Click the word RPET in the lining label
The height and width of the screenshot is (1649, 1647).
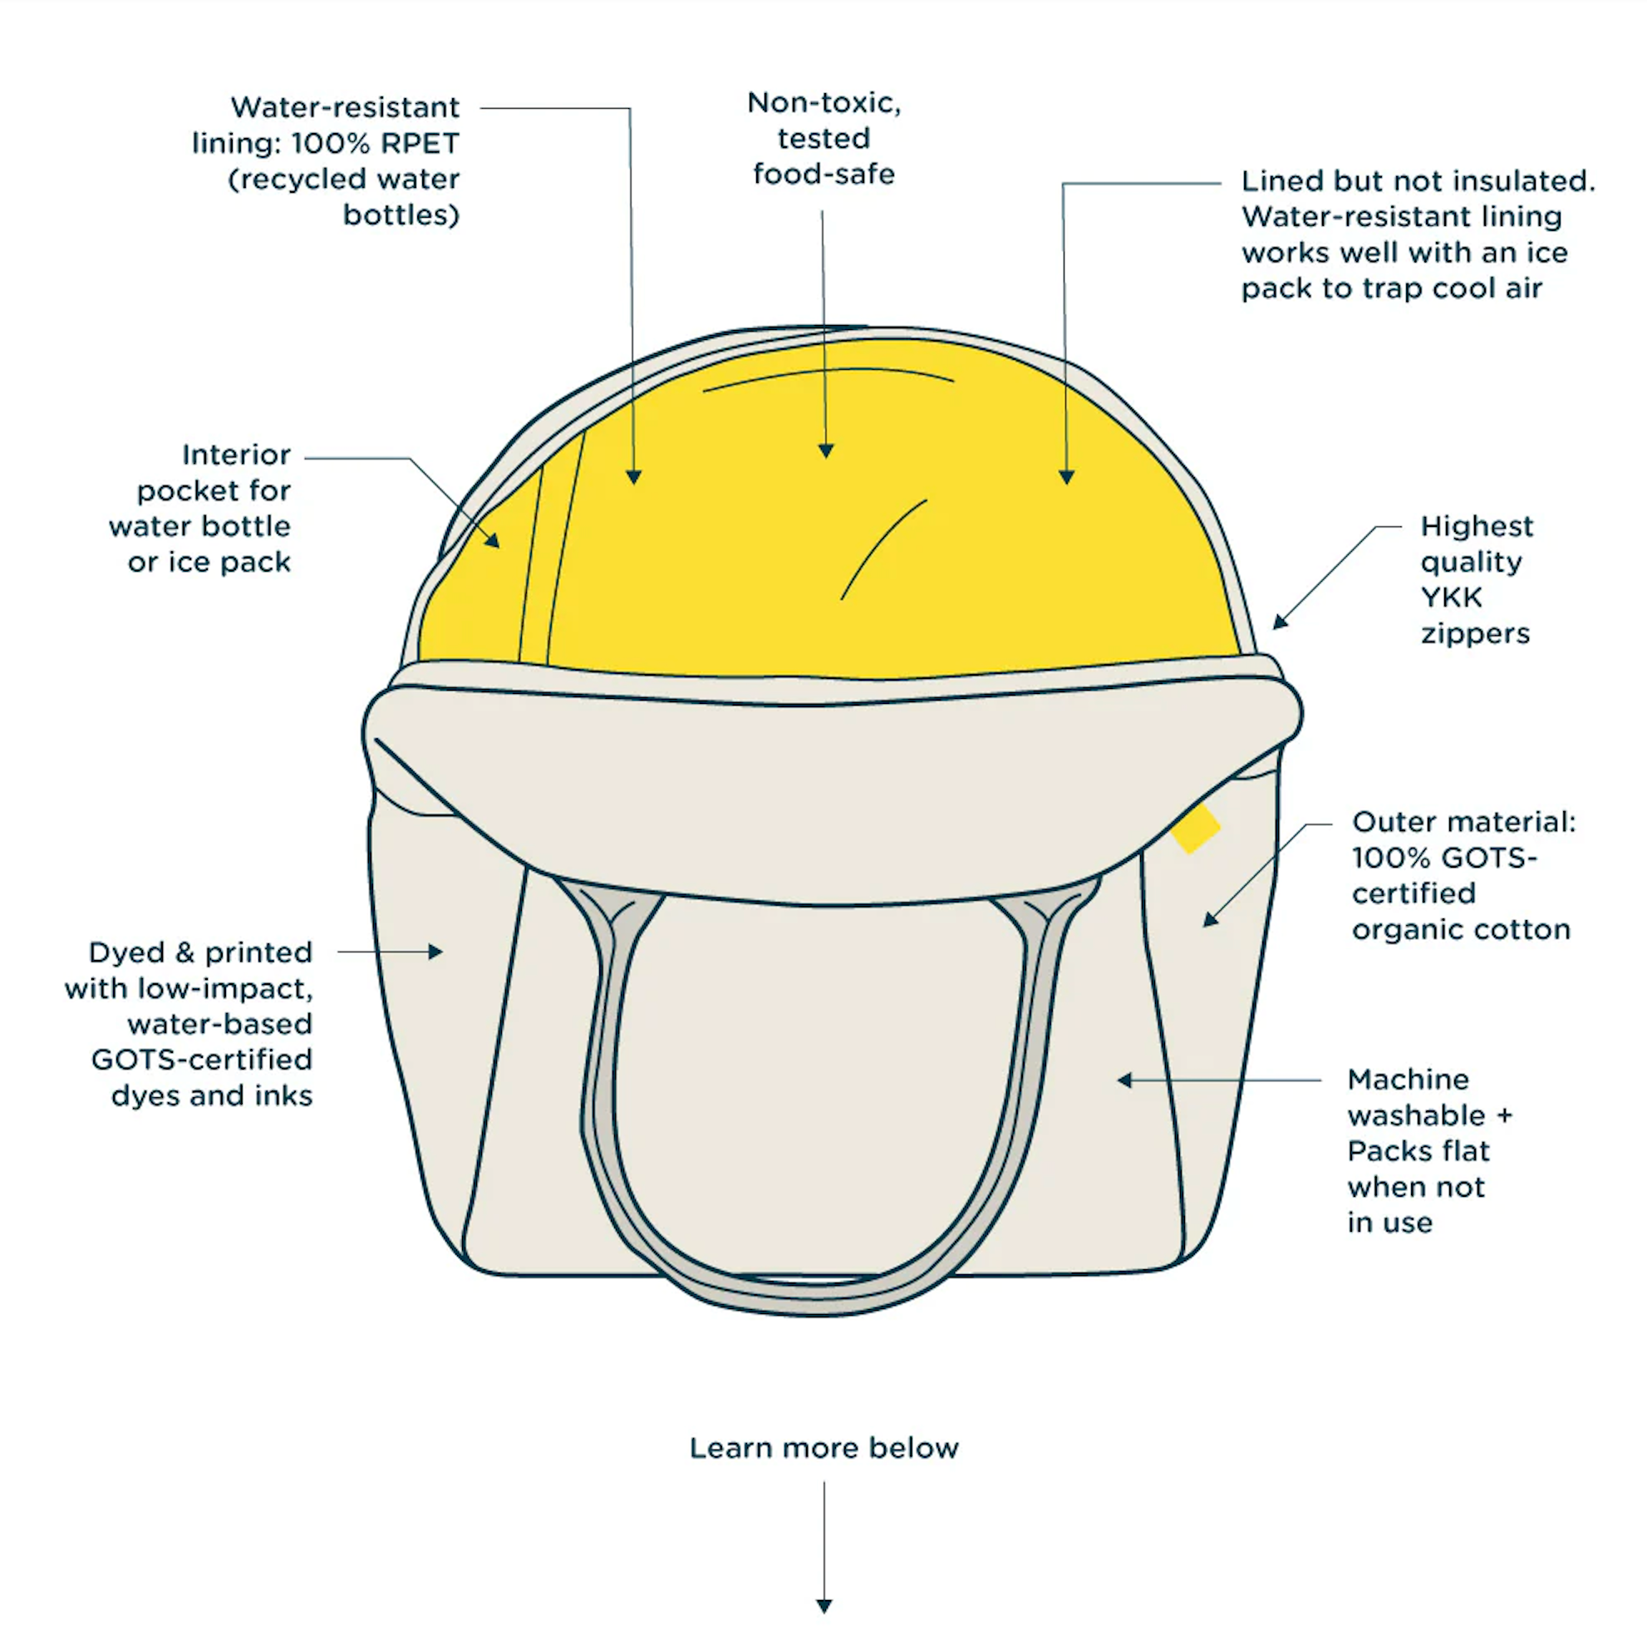(419, 144)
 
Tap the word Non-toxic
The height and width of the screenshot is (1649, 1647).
(824, 103)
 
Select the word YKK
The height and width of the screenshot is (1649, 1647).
(1452, 598)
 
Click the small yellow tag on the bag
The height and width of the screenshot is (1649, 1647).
(1196, 827)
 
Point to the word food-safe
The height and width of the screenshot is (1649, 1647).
(823, 174)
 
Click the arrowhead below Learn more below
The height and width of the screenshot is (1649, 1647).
(824, 1606)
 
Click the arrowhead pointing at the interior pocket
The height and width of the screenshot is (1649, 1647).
(493, 539)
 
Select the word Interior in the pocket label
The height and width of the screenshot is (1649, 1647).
(236, 455)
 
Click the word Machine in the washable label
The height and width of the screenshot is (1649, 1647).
(1408, 1080)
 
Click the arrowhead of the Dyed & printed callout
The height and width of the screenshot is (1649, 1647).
(436, 952)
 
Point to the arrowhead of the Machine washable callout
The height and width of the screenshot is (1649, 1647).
(1125, 1080)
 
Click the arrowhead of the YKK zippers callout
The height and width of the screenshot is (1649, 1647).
(1280, 623)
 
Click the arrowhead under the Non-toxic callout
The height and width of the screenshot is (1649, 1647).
(825, 450)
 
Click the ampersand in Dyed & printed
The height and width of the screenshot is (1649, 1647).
(184, 952)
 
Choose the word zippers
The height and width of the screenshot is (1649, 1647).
(1476, 634)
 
